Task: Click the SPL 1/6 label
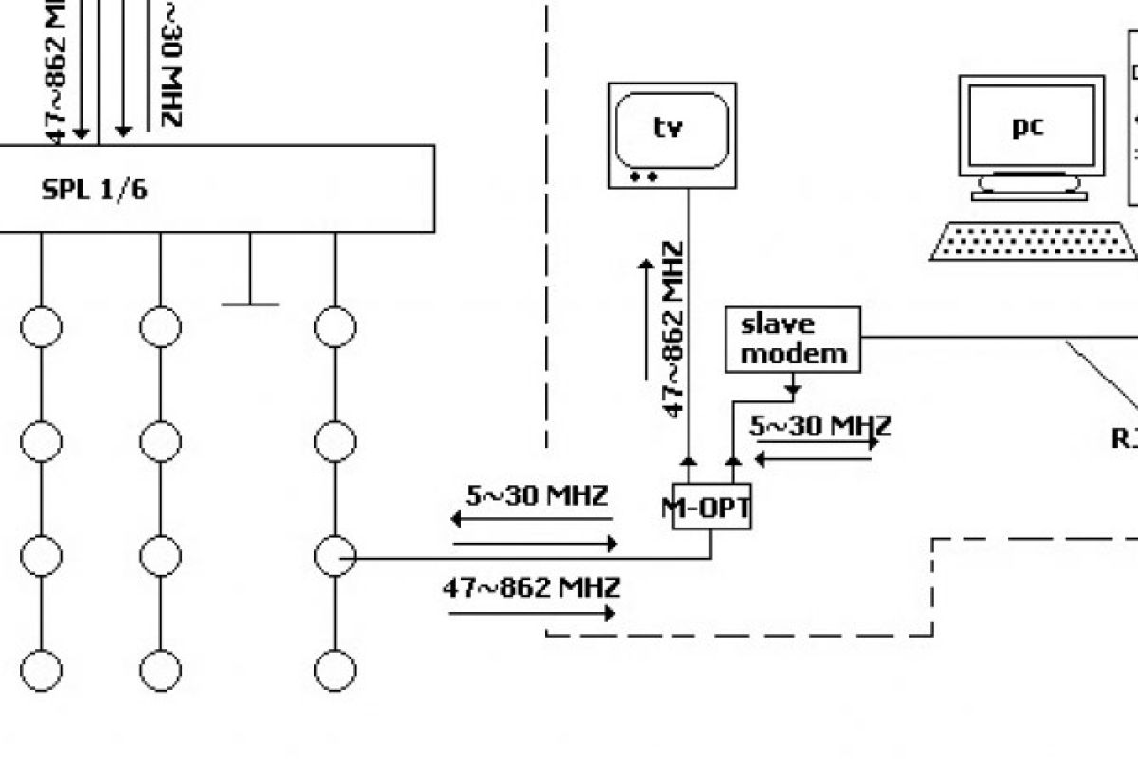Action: (94, 190)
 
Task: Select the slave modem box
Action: (792, 339)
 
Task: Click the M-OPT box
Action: (711, 509)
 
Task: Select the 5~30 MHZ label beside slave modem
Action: (820, 427)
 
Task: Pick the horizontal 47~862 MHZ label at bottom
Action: (531, 588)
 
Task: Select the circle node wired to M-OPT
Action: (334, 557)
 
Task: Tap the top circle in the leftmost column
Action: (41, 327)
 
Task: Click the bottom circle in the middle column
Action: (160, 670)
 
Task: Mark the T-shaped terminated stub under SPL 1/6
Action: (250, 285)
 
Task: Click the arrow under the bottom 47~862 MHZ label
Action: (531, 614)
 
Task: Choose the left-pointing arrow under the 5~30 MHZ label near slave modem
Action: (814, 459)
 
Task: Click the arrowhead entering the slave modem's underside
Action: (792, 389)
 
